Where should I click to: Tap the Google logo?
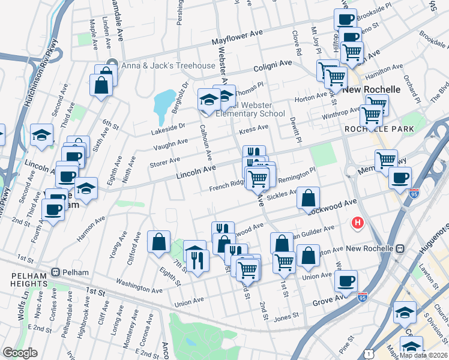(x=20, y=353)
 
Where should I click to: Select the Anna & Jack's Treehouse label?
(x=168, y=65)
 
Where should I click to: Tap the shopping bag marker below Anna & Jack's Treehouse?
(x=101, y=85)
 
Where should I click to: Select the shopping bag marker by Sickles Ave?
(x=308, y=199)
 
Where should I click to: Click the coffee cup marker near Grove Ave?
(x=346, y=281)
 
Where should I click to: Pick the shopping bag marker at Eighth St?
(x=159, y=243)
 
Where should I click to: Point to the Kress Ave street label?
(x=253, y=128)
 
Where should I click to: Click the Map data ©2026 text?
(x=423, y=354)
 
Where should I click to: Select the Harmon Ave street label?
(x=90, y=229)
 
